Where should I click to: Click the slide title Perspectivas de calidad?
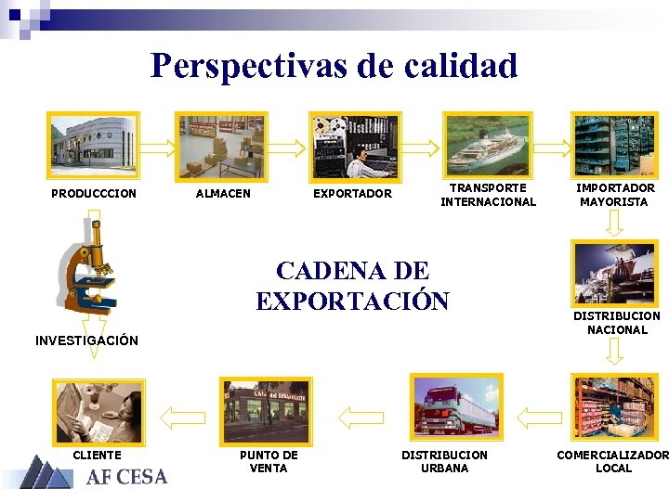click(x=334, y=66)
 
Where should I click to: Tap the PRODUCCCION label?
click(x=93, y=194)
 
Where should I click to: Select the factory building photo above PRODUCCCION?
click(x=93, y=145)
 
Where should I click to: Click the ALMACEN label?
click(x=222, y=194)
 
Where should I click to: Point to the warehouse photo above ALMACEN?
click(x=221, y=145)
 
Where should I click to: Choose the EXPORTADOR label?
click(x=352, y=194)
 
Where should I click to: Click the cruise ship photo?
click(x=487, y=143)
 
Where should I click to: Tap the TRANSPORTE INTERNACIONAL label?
click(x=488, y=195)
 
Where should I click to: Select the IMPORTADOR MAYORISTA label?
click(x=615, y=195)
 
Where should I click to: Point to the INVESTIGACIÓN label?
click(x=86, y=340)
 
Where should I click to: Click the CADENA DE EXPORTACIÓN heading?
click(x=352, y=286)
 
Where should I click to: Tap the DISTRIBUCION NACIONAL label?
click(x=617, y=323)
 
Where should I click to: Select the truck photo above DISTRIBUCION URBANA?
click(x=455, y=409)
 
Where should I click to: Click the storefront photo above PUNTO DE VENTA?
click(x=266, y=410)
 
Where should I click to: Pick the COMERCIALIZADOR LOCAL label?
click(x=612, y=461)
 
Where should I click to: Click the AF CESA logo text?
click(x=127, y=477)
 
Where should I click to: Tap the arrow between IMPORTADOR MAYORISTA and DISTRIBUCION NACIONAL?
click(x=614, y=223)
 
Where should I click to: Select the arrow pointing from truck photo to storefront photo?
click(x=361, y=417)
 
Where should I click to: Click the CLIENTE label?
click(x=97, y=455)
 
